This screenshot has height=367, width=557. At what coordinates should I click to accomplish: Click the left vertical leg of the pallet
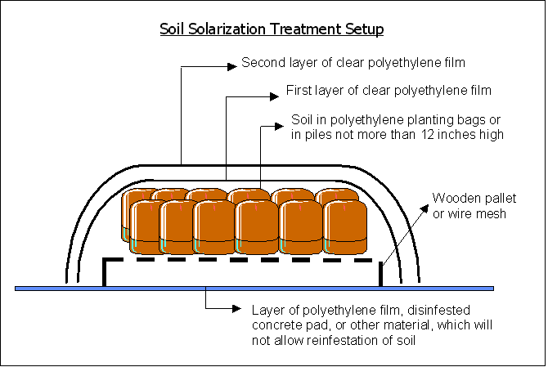pyautogui.click(x=104, y=272)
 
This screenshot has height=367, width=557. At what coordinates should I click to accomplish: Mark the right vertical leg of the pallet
pyautogui.click(x=382, y=272)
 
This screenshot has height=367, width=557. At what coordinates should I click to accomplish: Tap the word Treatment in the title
pyautogui.click(x=297, y=30)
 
